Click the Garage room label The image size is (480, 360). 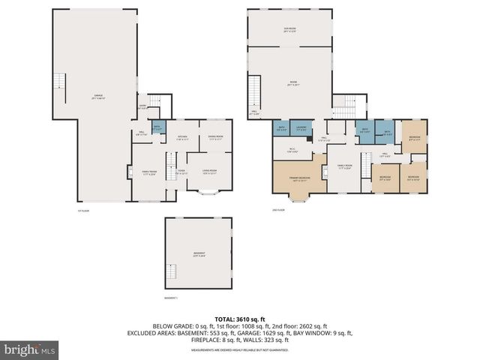pyautogui.click(x=98, y=98)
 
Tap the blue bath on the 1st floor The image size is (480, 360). pyautogui.click(x=157, y=128)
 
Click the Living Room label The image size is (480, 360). pyautogui.click(x=210, y=172)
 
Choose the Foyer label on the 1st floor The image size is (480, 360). pyautogui.click(x=181, y=172)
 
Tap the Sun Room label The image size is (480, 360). pyautogui.click(x=289, y=30)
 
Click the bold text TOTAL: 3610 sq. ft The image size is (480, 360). pyautogui.click(x=239, y=318)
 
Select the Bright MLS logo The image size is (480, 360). pyautogui.click(x=30, y=349)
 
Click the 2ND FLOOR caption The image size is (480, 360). pyautogui.click(x=277, y=211)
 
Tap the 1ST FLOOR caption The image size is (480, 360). pyautogui.click(x=83, y=211)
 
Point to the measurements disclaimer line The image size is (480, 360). pyautogui.click(x=239, y=350)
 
